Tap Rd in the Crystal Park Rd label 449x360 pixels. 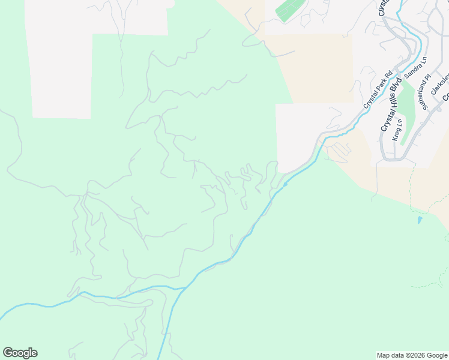pyautogui.click(x=388, y=76)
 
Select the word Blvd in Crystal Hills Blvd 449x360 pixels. pyautogui.click(x=394, y=88)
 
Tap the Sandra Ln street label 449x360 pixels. pyautogui.click(x=415, y=67)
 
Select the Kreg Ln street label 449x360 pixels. pyautogui.click(x=396, y=131)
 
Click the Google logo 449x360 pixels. pyautogui.click(x=20, y=353)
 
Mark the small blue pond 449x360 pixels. pyautogui.click(x=419, y=220)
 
